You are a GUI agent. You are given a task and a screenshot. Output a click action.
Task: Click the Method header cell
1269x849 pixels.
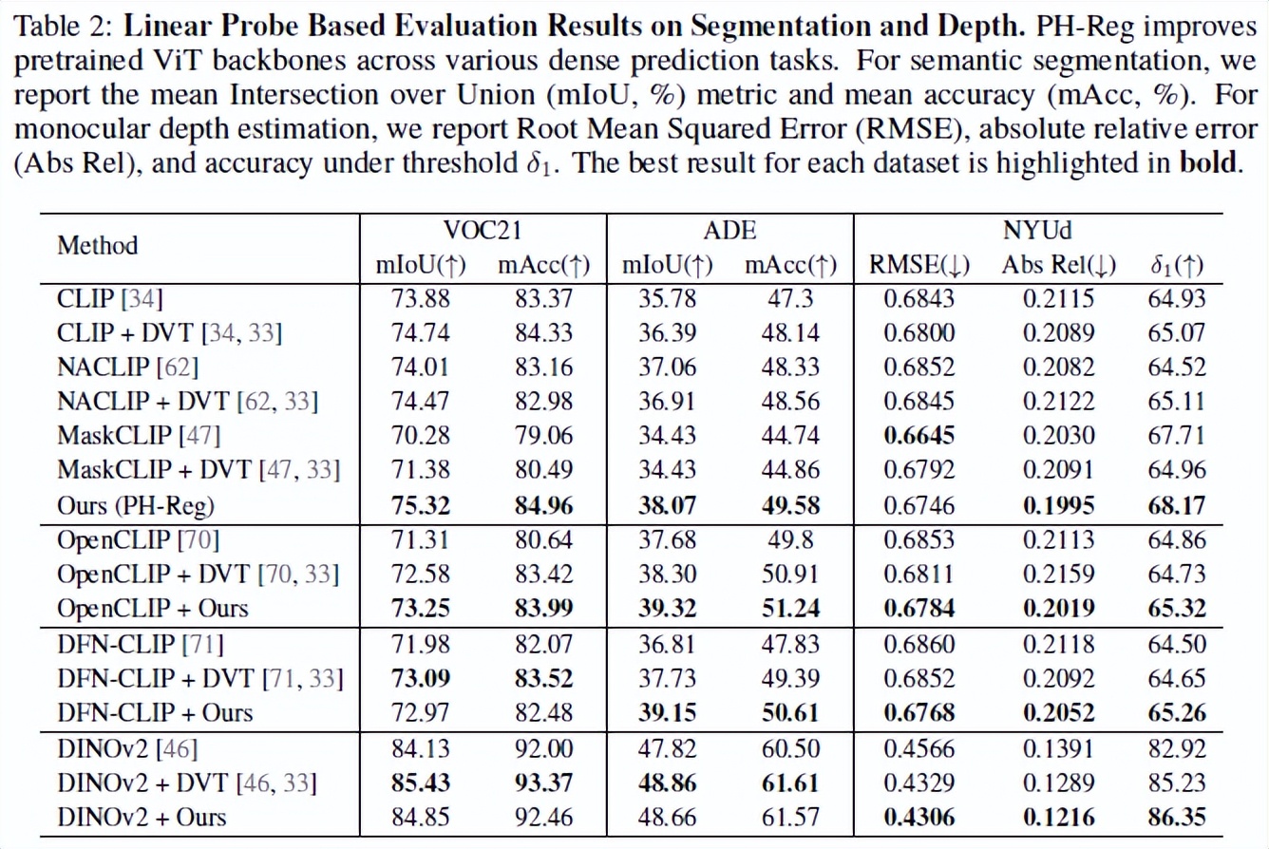(98, 245)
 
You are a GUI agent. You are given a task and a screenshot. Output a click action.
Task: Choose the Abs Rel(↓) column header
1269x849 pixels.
(1057, 266)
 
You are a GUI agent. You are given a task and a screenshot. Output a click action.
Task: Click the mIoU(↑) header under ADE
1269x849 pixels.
(661, 266)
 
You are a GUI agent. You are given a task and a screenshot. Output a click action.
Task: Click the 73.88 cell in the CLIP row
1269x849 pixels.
(422, 299)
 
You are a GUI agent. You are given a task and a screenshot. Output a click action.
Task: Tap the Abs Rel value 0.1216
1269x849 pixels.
(1057, 816)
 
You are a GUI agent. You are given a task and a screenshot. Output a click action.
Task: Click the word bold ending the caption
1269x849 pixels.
(1208, 162)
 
